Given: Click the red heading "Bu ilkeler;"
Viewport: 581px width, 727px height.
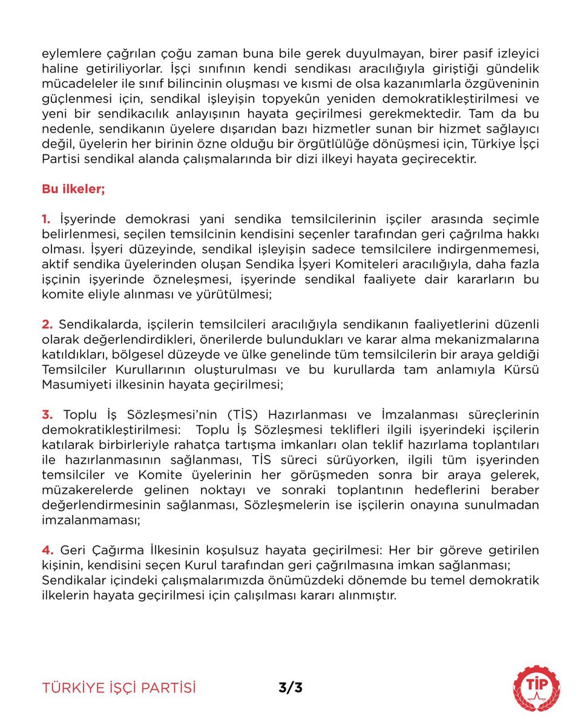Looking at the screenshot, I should (73, 188).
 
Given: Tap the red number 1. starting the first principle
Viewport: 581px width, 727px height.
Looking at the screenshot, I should (47, 218).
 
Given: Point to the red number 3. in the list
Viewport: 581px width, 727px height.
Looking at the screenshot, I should (48, 414).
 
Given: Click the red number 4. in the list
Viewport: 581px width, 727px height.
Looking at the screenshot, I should (48, 550).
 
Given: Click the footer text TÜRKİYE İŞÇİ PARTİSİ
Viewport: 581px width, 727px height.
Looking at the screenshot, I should (119, 688).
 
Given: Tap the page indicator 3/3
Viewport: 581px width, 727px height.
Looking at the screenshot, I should (290, 688).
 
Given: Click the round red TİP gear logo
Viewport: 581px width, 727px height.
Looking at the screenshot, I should (536, 688).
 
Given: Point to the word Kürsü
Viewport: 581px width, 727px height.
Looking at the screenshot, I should (520, 370).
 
